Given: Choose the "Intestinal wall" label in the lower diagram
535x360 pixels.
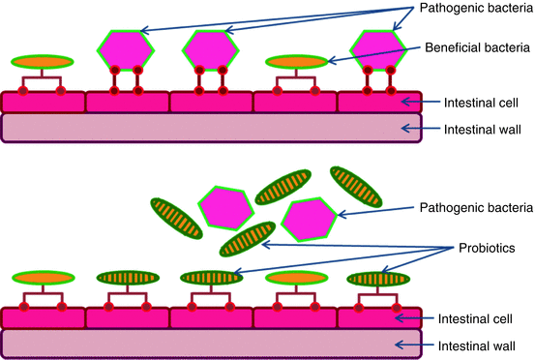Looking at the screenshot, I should click(475, 344).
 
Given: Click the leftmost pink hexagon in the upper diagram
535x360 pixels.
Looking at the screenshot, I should click(125, 45).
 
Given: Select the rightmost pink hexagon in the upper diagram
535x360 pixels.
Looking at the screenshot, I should click(376, 48).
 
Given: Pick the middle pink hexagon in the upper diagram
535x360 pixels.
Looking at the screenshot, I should click(210, 49).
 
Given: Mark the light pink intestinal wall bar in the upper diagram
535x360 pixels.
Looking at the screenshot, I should click(212, 128).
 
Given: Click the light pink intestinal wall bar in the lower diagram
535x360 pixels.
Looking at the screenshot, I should click(212, 345).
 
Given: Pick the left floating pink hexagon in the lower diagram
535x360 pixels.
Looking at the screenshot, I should click(225, 207).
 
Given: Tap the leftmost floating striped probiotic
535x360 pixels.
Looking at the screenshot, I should click(176, 218).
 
